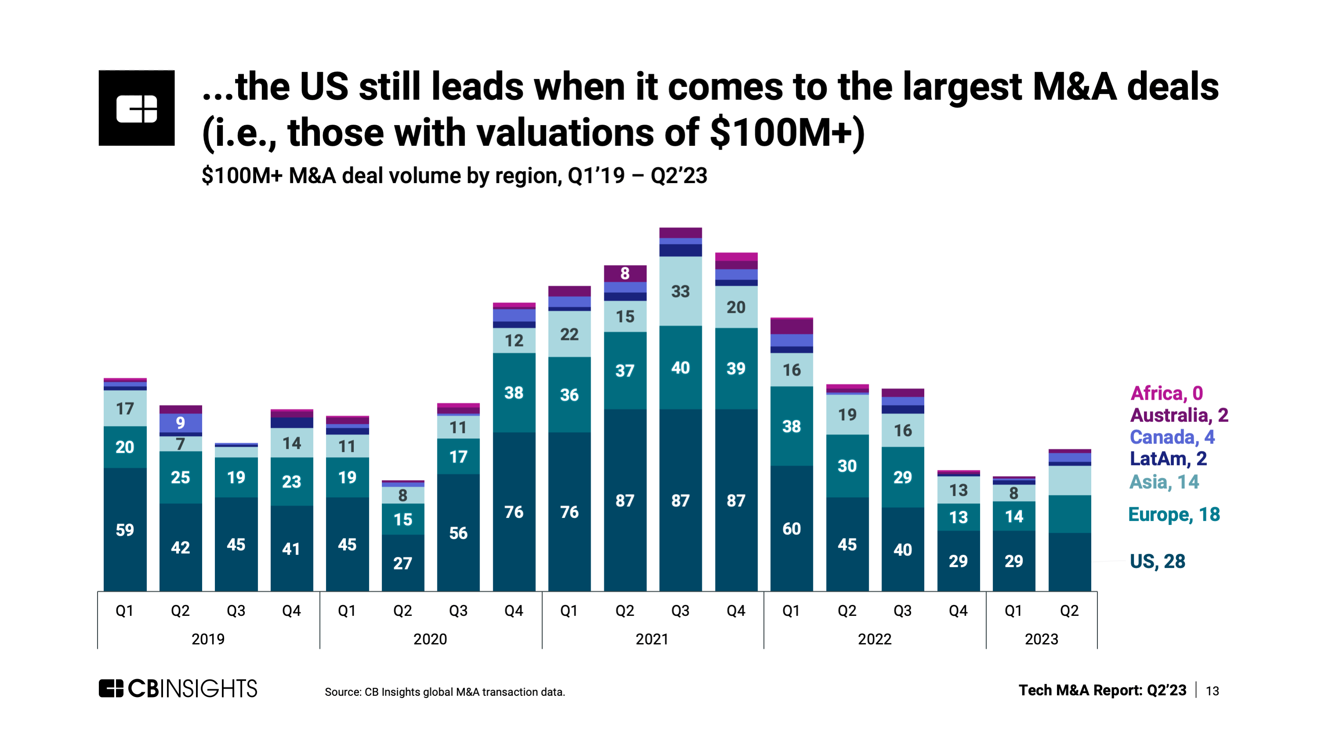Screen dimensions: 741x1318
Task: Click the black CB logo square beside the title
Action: click(137, 108)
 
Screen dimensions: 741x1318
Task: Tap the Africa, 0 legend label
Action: click(1166, 393)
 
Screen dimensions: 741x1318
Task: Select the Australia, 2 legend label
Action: click(1179, 415)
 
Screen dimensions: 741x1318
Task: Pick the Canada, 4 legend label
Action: click(1172, 437)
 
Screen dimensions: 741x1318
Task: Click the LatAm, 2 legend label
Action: click(1168, 459)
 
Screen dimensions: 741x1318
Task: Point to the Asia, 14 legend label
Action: click(1164, 482)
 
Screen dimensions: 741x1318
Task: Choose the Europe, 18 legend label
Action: click(1174, 514)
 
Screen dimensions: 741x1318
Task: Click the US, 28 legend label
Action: click(1157, 561)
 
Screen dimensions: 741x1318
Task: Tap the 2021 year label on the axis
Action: click(652, 639)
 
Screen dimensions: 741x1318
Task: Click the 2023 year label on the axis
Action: click(1041, 639)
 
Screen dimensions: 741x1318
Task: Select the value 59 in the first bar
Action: click(125, 530)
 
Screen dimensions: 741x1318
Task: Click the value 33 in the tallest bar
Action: click(680, 292)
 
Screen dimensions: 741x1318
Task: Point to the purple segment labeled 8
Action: click(625, 274)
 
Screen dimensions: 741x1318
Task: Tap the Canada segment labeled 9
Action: click(180, 423)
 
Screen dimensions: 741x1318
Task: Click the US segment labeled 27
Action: click(403, 563)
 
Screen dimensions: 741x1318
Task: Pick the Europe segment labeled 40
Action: click(680, 368)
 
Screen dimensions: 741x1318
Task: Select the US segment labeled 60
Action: click(792, 529)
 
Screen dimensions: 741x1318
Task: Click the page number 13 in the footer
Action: click(1212, 691)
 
